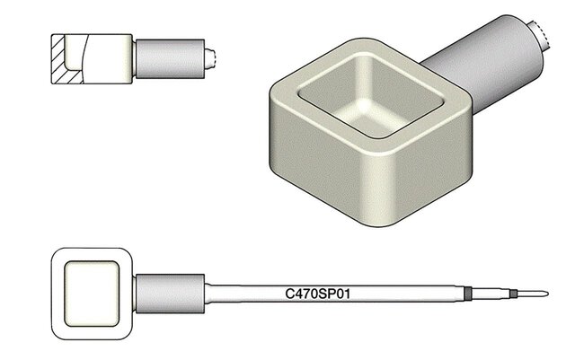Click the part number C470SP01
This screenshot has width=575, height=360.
[x=317, y=294]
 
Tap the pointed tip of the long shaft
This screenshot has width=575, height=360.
[x=548, y=294]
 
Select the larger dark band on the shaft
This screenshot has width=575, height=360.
[x=467, y=294]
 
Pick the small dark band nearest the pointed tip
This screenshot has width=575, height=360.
[x=513, y=294]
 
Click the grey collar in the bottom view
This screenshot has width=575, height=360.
[x=170, y=294]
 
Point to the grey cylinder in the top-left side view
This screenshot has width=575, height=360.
[x=170, y=58]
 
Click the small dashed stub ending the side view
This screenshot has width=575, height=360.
[x=210, y=58]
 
